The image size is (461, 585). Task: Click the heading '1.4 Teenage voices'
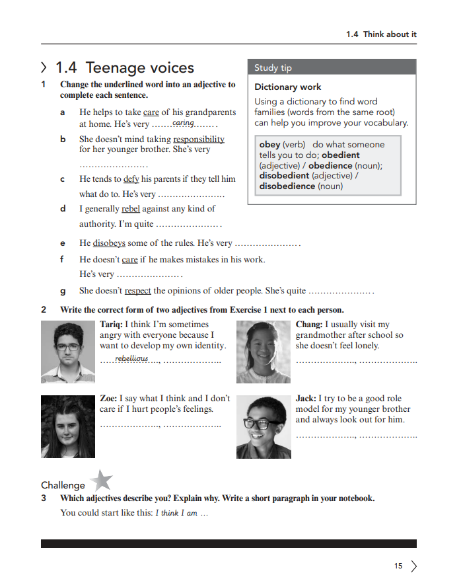tap(124, 68)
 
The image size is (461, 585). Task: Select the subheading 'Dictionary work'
tap(288, 87)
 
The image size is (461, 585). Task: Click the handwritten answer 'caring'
tap(182, 123)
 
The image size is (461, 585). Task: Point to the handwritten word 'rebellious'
tap(132, 359)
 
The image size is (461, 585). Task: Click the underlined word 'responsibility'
tap(199, 139)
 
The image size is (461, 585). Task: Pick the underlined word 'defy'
tap(131, 179)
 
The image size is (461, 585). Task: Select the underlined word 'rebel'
tap(131, 209)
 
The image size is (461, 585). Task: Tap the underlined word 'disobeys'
tap(109, 243)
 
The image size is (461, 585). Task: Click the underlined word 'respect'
tap(137, 291)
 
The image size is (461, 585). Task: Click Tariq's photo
tap(66, 352)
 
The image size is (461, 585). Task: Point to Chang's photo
tap(263, 352)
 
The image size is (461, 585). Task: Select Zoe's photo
tap(66, 426)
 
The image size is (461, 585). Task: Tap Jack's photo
tap(263, 426)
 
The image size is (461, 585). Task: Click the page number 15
tap(398, 566)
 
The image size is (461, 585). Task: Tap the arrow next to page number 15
tap(414, 566)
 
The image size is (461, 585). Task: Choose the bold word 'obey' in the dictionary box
tap(269, 144)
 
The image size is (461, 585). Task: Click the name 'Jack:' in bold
tap(306, 399)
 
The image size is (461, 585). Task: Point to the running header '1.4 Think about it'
tap(381, 34)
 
